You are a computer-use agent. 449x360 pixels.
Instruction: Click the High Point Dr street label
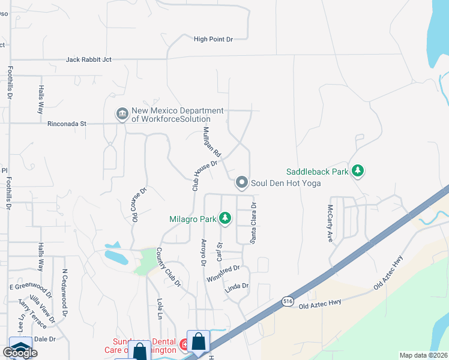pyautogui.click(x=212, y=40)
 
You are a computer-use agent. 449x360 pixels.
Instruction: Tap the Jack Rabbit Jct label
pyautogui.click(x=88, y=60)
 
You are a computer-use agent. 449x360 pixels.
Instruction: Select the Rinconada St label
pyautogui.click(x=67, y=124)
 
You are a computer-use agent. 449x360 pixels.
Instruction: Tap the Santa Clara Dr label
pyautogui.click(x=254, y=223)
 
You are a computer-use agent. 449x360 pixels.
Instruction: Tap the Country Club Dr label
pyautogui.click(x=168, y=266)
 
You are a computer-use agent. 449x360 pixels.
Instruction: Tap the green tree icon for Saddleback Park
pyautogui.click(x=358, y=172)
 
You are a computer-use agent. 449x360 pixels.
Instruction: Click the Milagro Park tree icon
pyautogui.click(x=225, y=218)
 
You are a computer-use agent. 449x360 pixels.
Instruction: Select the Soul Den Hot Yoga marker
pyautogui.click(x=242, y=182)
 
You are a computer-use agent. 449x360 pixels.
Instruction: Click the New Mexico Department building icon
pyautogui.click(x=122, y=114)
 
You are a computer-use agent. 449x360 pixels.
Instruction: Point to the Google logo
pyautogui.click(x=20, y=353)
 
